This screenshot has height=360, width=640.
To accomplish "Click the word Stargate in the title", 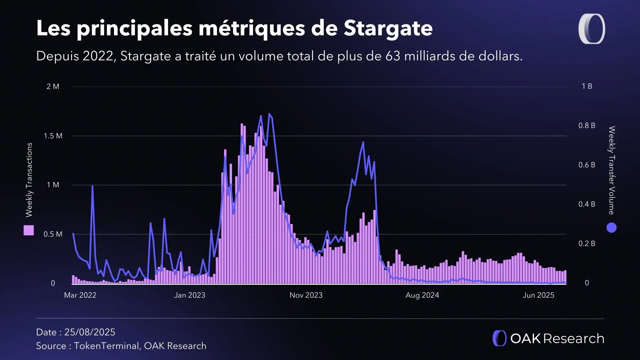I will coord(388,28).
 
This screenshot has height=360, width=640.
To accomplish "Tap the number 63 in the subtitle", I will coord(393,56).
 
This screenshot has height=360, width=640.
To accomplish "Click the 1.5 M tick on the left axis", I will coord(53,136).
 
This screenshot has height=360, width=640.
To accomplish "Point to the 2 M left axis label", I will coord(53,87).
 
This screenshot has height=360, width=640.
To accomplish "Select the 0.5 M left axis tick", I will coord(53,234).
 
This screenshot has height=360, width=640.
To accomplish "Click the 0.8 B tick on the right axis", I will coord(587,126).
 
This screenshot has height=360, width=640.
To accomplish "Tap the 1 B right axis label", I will coord(587,86).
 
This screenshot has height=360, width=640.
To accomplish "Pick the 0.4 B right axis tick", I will coord(587,204).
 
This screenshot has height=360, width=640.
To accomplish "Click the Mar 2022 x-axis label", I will coord(80,295).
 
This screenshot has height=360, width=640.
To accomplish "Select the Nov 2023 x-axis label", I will coord(306,295).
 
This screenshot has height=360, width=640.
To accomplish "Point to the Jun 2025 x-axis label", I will coord(538,295).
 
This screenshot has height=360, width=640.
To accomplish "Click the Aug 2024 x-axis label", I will coord(422,295).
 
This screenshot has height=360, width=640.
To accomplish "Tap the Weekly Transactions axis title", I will coord(29,180).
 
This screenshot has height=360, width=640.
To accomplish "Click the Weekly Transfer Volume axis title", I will coord(612,170).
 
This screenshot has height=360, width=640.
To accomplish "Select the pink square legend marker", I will coord(29,230).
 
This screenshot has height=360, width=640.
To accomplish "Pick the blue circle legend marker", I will coord(611,228).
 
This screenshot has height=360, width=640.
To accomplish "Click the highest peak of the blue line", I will coord(269,114).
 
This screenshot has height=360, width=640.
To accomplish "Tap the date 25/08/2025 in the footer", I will coord(90,332).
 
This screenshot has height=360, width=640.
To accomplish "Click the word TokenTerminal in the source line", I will coord(106,346).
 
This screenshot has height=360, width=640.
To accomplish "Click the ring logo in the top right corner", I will coord(592,29).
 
